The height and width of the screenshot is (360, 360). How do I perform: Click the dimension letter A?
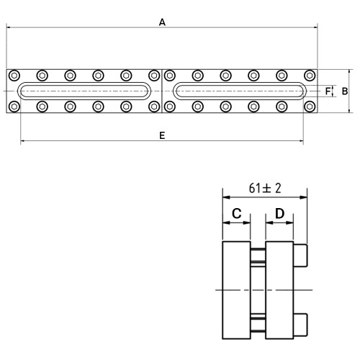click(x=162, y=22)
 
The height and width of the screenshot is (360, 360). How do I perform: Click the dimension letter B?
click(x=345, y=91)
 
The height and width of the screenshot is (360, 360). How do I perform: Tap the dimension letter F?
click(x=328, y=91)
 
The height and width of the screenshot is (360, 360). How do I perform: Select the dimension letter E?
click(x=162, y=135)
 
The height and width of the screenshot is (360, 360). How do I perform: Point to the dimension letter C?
click(x=237, y=213)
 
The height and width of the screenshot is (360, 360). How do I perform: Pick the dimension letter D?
click(x=279, y=213)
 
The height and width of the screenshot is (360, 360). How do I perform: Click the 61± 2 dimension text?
click(x=265, y=188)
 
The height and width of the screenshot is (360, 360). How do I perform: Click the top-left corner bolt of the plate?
click(x=14, y=76)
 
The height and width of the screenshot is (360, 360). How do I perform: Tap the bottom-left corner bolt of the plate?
click(x=14, y=107)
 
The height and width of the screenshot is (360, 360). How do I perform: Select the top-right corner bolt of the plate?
click(x=310, y=76)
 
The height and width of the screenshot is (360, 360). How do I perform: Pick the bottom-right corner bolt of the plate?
click(x=310, y=107)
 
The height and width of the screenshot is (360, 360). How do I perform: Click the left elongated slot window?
click(x=84, y=83)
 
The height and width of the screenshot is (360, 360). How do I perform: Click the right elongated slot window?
click(x=240, y=83)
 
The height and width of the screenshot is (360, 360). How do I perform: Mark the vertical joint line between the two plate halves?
click(x=162, y=91)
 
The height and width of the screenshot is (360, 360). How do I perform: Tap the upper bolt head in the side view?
click(x=300, y=256)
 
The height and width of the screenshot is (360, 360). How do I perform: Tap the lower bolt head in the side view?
click(x=300, y=325)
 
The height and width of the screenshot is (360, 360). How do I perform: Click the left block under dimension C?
click(x=237, y=290)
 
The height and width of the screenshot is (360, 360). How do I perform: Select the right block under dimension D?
click(x=279, y=290)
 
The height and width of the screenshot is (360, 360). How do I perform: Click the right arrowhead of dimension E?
click(x=301, y=141)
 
